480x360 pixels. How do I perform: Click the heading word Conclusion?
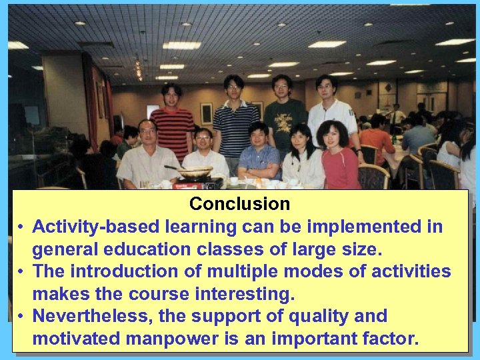(239, 203)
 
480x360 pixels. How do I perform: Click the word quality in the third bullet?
(311, 316)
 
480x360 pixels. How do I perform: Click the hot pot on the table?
(195, 173)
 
